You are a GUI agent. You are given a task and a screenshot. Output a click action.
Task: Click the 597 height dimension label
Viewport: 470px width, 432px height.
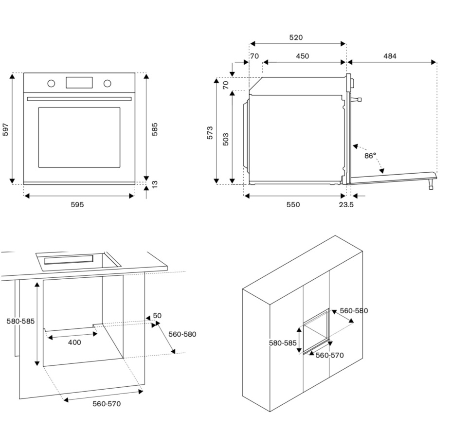[x=6, y=129]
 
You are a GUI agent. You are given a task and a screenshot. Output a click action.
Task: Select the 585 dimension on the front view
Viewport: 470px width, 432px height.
[x=155, y=129]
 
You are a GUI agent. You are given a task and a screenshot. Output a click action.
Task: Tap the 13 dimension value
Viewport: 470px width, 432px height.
[x=155, y=185]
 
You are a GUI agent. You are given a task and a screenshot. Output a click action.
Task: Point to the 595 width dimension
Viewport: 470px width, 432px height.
[x=77, y=205]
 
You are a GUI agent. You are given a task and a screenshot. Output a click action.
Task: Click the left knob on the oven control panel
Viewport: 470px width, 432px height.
[x=51, y=83]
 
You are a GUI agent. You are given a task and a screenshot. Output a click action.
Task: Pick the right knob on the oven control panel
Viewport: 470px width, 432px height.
[x=107, y=83]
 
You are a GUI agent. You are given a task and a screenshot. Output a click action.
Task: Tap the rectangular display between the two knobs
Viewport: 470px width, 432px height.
[x=79, y=83]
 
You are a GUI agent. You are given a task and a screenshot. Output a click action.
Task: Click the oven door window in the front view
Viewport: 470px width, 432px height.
[x=79, y=138]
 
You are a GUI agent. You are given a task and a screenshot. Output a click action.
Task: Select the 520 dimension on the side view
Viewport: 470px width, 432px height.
[x=296, y=37]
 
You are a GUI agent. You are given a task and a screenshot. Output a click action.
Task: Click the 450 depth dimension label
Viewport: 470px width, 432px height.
[x=302, y=56]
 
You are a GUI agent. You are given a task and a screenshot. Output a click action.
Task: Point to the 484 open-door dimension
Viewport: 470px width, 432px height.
[x=390, y=56]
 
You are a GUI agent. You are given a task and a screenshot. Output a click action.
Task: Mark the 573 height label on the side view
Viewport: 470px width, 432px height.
[x=210, y=133]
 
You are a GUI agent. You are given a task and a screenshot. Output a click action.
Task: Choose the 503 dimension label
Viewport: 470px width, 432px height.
[x=226, y=139]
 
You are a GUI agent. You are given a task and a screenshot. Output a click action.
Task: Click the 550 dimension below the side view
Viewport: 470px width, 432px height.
[x=293, y=205]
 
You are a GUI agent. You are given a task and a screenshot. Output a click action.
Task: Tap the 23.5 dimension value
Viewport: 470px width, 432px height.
[x=346, y=205]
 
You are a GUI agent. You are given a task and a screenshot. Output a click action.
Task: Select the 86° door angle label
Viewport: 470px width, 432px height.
[x=370, y=156]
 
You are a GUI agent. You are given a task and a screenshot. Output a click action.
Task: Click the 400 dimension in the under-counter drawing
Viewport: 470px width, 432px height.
[x=74, y=342]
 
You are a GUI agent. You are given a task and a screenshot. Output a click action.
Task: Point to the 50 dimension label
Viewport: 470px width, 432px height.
[x=157, y=316]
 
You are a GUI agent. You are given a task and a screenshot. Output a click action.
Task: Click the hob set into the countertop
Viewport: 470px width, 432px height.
[x=78, y=260]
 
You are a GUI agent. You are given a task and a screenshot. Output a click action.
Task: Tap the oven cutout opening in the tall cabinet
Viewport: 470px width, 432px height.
[x=315, y=331]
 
